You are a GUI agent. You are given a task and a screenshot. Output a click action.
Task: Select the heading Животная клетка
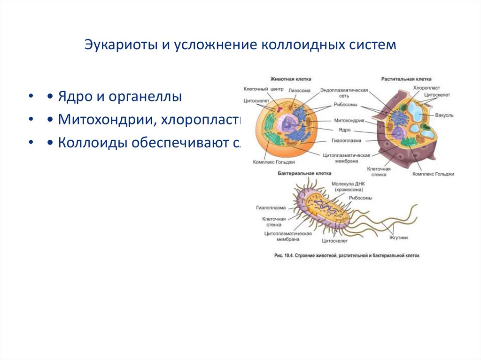coord(290,79)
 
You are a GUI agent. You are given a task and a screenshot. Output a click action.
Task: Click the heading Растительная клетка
coord(406,79)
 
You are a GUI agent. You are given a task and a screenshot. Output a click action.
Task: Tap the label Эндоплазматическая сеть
coord(344,93)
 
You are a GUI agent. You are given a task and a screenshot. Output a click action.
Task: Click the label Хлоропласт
coord(426,88)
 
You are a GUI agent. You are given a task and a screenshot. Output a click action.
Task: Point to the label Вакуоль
coord(444,114)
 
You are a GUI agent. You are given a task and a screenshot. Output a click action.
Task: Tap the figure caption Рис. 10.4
coord(346,256)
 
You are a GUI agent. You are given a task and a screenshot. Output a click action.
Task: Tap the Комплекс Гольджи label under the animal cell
coord(273,162)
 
